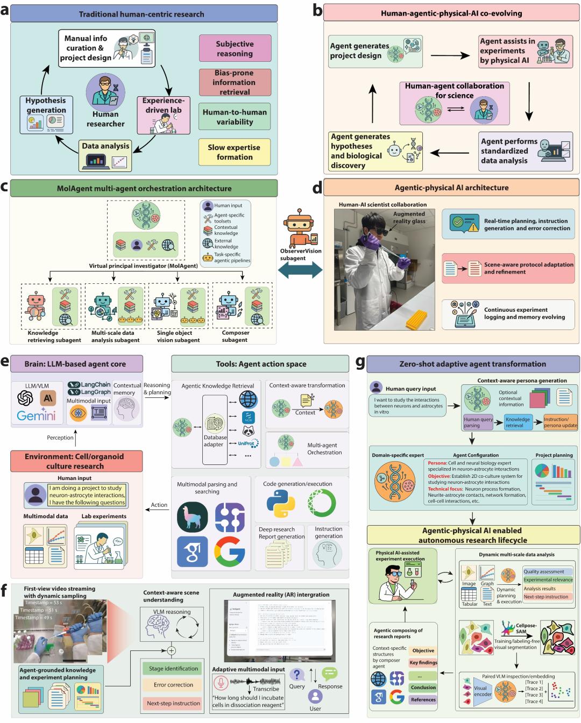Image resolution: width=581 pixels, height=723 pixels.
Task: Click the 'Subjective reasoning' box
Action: coord(235,48)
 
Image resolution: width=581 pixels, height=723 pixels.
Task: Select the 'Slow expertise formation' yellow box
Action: coord(235,152)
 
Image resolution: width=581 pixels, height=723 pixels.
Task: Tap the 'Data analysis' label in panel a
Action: coord(105,146)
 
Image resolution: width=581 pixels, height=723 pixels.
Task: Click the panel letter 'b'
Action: coord(317,10)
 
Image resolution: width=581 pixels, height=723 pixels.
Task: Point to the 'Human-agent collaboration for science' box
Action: coord(454,102)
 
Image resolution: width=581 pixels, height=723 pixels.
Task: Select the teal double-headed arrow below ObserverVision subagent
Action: coord(300,270)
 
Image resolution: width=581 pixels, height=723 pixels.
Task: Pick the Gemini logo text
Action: coord(36,416)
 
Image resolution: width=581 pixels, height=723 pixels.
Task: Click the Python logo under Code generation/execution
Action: coord(280,503)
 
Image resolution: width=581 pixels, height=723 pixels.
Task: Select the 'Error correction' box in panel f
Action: coord(173,685)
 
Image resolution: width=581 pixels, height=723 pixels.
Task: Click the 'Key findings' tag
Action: coord(423,663)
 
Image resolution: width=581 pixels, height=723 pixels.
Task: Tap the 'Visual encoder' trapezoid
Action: coord(480,691)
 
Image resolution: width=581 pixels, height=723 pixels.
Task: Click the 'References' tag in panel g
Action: coord(423,699)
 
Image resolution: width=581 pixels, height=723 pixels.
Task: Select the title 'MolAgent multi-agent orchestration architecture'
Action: coord(144,189)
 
